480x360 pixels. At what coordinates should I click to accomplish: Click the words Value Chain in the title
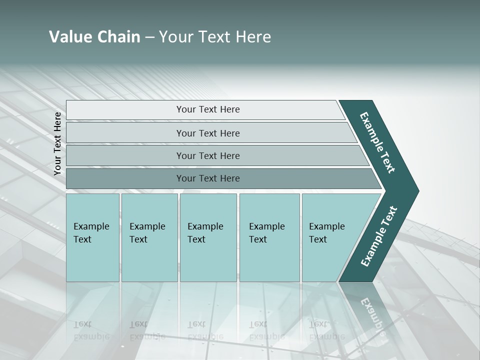pos(94,37)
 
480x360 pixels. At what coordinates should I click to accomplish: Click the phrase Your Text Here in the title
pos(215,37)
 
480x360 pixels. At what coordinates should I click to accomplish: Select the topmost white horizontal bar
pos(125,110)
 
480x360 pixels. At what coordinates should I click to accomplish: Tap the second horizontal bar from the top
pos(125,133)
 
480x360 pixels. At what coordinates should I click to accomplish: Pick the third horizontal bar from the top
pos(125,155)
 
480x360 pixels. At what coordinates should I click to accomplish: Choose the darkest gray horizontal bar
pos(125,178)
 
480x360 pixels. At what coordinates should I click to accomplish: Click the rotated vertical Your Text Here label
pos(57,143)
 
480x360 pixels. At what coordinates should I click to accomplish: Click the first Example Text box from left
pos(92,237)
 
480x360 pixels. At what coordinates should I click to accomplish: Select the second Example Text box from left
pos(149,237)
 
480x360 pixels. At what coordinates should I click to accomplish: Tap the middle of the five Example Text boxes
pos(208,237)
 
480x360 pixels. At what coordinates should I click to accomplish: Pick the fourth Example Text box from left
pos(269,237)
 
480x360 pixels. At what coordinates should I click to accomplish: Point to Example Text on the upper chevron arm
pos(377,142)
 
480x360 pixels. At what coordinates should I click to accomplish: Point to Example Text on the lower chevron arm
pos(379,236)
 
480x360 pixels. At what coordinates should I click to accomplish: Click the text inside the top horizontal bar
pos(208,109)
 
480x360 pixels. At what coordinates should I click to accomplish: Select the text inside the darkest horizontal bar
pos(208,178)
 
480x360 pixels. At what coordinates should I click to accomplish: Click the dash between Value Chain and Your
pos(149,37)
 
